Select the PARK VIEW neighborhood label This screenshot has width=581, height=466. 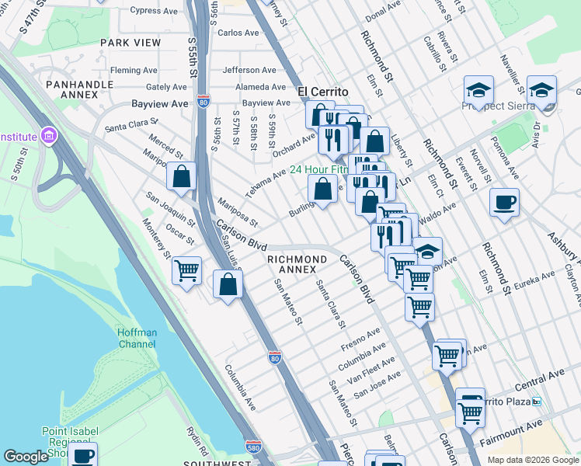[130, 42]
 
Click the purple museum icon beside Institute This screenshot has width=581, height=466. [50, 137]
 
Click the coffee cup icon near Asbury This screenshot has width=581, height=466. [505, 203]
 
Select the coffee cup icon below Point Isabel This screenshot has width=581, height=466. [83, 455]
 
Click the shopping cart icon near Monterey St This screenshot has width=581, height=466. [186, 271]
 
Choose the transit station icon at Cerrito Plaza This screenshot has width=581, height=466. [537, 402]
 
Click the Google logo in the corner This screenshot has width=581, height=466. [26, 457]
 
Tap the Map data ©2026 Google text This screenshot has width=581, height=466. [532, 460]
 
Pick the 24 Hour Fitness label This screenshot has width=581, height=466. [319, 169]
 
